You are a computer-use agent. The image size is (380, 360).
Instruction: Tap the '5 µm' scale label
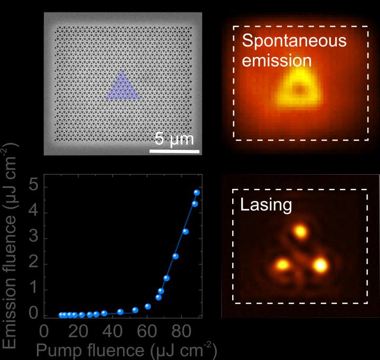(x=174, y=140)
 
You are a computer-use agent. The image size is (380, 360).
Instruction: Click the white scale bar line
(x=174, y=151)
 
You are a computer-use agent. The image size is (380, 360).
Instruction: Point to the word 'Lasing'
(x=266, y=205)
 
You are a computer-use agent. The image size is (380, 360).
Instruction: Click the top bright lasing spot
(x=300, y=231)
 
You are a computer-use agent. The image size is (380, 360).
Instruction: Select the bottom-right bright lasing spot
(x=319, y=265)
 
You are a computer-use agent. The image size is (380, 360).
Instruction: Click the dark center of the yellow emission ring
(x=300, y=89)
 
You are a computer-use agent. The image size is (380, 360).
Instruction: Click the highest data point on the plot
(x=197, y=193)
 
